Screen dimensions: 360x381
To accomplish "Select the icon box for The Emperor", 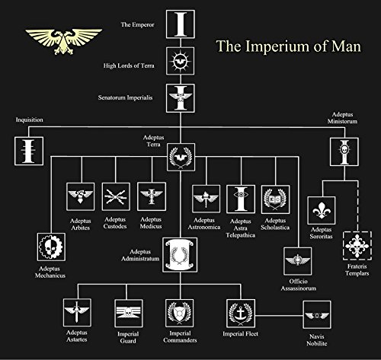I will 181,25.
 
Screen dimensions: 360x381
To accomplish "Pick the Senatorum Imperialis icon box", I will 181,97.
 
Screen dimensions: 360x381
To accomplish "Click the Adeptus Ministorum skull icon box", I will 340,152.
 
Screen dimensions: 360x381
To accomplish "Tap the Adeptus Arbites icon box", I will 80,196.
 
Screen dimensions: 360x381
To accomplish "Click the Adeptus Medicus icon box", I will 151,196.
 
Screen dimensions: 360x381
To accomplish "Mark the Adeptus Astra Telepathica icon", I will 240,196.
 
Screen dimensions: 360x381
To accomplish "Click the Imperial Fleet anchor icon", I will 239,314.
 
